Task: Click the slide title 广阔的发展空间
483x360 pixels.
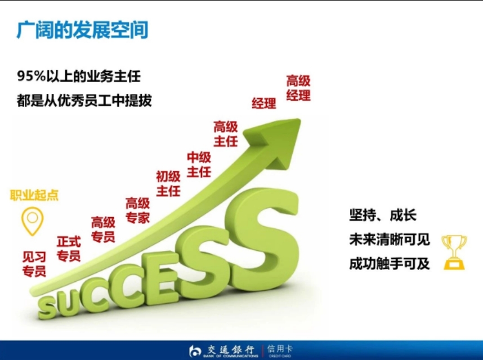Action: [x=82, y=30]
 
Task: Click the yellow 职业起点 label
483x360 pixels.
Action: [x=34, y=196]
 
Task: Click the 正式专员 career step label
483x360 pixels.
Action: [x=69, y=249]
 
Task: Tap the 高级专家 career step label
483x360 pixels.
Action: [x=137, y=210]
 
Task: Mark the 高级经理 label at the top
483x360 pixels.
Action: [x=298, y=88]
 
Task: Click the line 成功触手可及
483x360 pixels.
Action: [x=390, y=263]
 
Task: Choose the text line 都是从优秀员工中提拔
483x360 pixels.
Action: [x=84, y=101]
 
